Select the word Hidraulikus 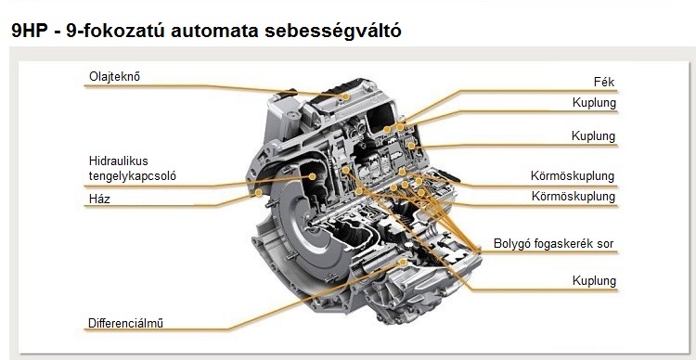tap(119, 161)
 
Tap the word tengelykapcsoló tap(132, 175)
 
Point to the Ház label tap(98, 199)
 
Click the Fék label tap(604, 82)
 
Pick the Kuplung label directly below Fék tap(594, 103)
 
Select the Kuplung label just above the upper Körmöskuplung tap(594, 136)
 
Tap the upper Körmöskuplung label tap(573, 175)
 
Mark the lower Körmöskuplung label tap(573, 197)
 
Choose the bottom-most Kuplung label tap(594, 280)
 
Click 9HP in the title tap(30, 31)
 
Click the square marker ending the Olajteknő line tap(345, 95)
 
